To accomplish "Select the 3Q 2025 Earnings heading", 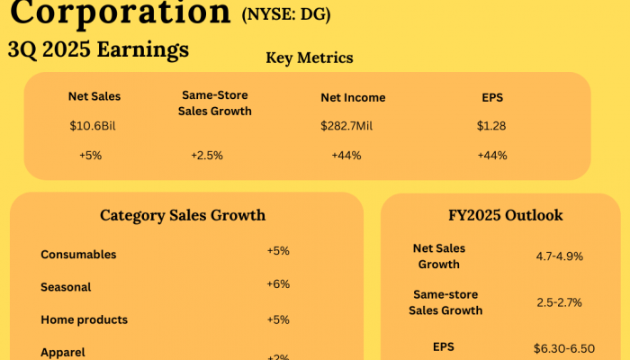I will (98, 50).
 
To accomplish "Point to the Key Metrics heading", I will (309, 58).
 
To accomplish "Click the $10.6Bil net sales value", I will (94, 126).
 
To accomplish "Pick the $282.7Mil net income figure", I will (346, 126).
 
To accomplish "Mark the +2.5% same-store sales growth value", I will (206, 155).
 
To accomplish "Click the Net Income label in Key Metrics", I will (353, 97).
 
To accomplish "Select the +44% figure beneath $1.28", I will (492, 155).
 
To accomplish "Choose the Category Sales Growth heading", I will (183, 215).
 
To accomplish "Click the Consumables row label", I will (78, 255).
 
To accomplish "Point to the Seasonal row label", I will (66, 287).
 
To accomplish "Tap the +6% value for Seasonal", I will (278, 283).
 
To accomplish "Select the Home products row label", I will (84, 319).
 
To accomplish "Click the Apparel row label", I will (64, 352).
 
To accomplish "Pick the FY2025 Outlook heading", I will (506, 215).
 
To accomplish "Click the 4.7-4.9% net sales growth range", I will (559, 256).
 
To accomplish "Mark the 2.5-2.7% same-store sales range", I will (559, 303).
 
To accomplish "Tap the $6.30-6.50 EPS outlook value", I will (563, 347).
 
